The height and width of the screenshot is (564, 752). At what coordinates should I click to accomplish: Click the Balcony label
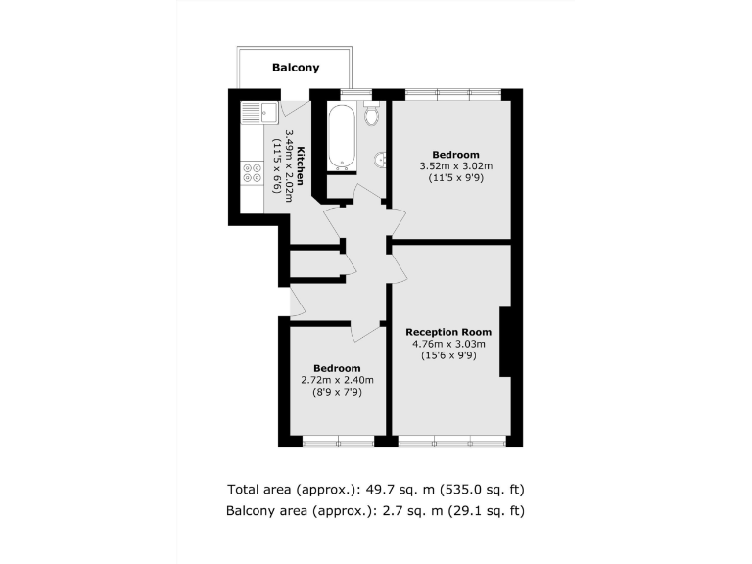click(295, 68)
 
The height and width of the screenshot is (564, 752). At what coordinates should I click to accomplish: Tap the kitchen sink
click(254, 112)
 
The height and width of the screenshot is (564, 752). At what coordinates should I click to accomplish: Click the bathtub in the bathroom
click(340, 136)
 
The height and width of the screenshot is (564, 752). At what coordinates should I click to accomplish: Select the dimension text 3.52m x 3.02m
click(455, 166)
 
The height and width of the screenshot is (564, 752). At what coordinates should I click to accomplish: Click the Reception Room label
click(448, 332)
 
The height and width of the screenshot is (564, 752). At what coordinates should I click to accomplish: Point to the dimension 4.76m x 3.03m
click(448, 344)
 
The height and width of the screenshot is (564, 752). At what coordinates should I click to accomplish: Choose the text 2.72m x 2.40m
click(337, 380)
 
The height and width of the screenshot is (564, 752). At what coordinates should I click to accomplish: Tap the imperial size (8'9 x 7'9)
click(337, 392)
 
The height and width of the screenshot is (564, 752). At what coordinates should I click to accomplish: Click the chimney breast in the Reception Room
click(505, 342)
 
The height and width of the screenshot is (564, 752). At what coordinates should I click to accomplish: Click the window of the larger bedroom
click(452, 93)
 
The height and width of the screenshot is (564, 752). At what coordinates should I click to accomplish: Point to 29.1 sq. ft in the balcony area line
click(493, 510)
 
